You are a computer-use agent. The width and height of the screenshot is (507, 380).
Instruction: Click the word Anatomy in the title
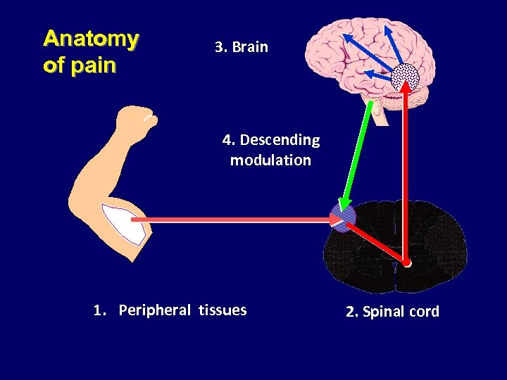point(90,39)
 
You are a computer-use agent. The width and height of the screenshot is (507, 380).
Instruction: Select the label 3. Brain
point(242,47)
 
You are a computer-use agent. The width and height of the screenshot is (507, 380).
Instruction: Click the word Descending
point(280,140)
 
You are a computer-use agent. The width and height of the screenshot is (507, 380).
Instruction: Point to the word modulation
point(270,160)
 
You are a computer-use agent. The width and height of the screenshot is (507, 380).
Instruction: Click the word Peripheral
point(154,310)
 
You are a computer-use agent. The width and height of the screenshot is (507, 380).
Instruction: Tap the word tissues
point(223,310)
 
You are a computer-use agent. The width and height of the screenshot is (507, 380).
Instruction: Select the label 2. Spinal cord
point(392,312)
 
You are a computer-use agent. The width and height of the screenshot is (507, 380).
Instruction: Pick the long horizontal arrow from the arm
point(232,220)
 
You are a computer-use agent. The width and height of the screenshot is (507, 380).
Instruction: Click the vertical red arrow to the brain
point(406,176)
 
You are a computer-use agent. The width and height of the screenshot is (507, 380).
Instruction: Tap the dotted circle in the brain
point(405,76)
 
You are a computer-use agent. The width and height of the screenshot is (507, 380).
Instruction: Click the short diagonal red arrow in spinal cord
point(377,243)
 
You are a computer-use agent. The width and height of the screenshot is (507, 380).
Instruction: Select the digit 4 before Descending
point(227,140)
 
